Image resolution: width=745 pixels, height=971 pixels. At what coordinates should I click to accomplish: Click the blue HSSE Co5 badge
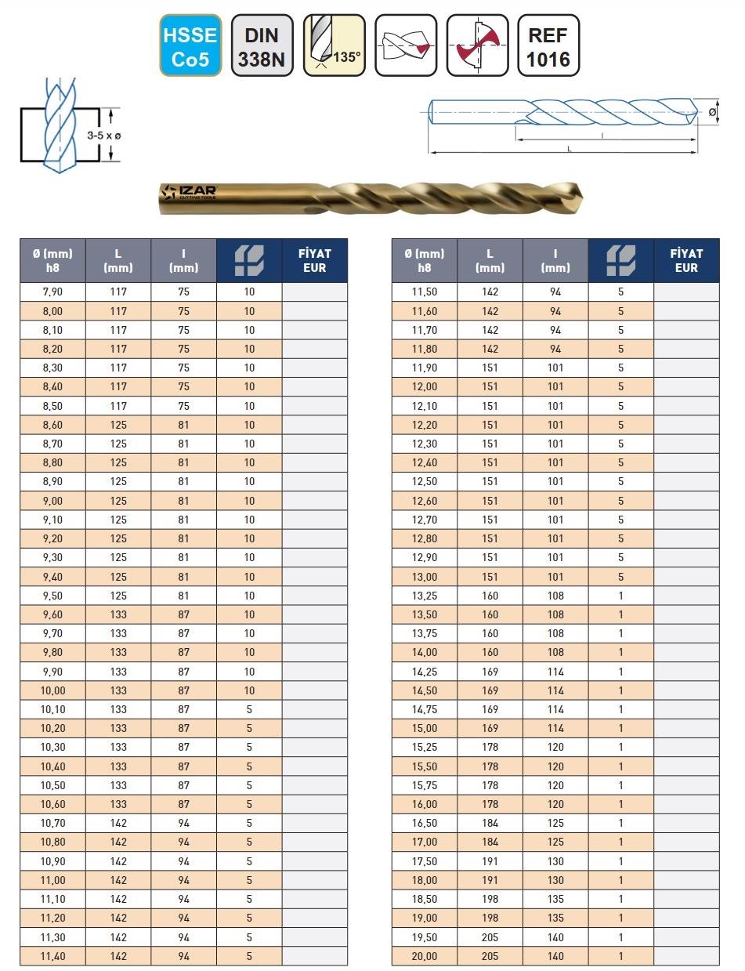coord(190,45)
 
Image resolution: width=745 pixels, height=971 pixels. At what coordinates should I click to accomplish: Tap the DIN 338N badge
coord(262,45)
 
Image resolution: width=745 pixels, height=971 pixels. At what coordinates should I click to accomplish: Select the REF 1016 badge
coord(548,45)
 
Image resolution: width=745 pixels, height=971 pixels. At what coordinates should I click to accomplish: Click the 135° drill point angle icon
coord(335,45)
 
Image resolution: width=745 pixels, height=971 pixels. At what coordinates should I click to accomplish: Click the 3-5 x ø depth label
coord(103,136)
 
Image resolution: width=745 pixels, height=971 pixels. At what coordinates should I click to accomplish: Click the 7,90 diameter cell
coord(52,292)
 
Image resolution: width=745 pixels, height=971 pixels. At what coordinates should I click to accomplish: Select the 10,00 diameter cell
coord(52,690)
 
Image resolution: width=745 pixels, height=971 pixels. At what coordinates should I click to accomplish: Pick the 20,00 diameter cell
coord(425,956)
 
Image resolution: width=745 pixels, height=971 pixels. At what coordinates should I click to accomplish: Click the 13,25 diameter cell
coord(425,596)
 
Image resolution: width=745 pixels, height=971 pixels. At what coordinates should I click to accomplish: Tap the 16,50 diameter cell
coord(425,823)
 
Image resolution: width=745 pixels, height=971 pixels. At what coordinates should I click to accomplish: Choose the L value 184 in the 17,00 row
coord(490,842)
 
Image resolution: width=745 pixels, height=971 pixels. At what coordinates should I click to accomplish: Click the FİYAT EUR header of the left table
coord(315,260)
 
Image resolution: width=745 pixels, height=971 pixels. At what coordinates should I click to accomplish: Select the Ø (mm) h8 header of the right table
coord(425,260)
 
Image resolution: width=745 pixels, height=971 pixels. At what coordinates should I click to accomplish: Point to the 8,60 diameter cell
coord(52,425)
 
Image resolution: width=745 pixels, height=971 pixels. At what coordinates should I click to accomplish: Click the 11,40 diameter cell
coord(52,956)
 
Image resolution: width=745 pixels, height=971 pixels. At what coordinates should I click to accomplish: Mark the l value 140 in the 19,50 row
coord(555,937)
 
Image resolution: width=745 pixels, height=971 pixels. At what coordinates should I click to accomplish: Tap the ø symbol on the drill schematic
coord(712,113)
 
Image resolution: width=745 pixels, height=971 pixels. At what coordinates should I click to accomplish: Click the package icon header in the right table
coord(621,260)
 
